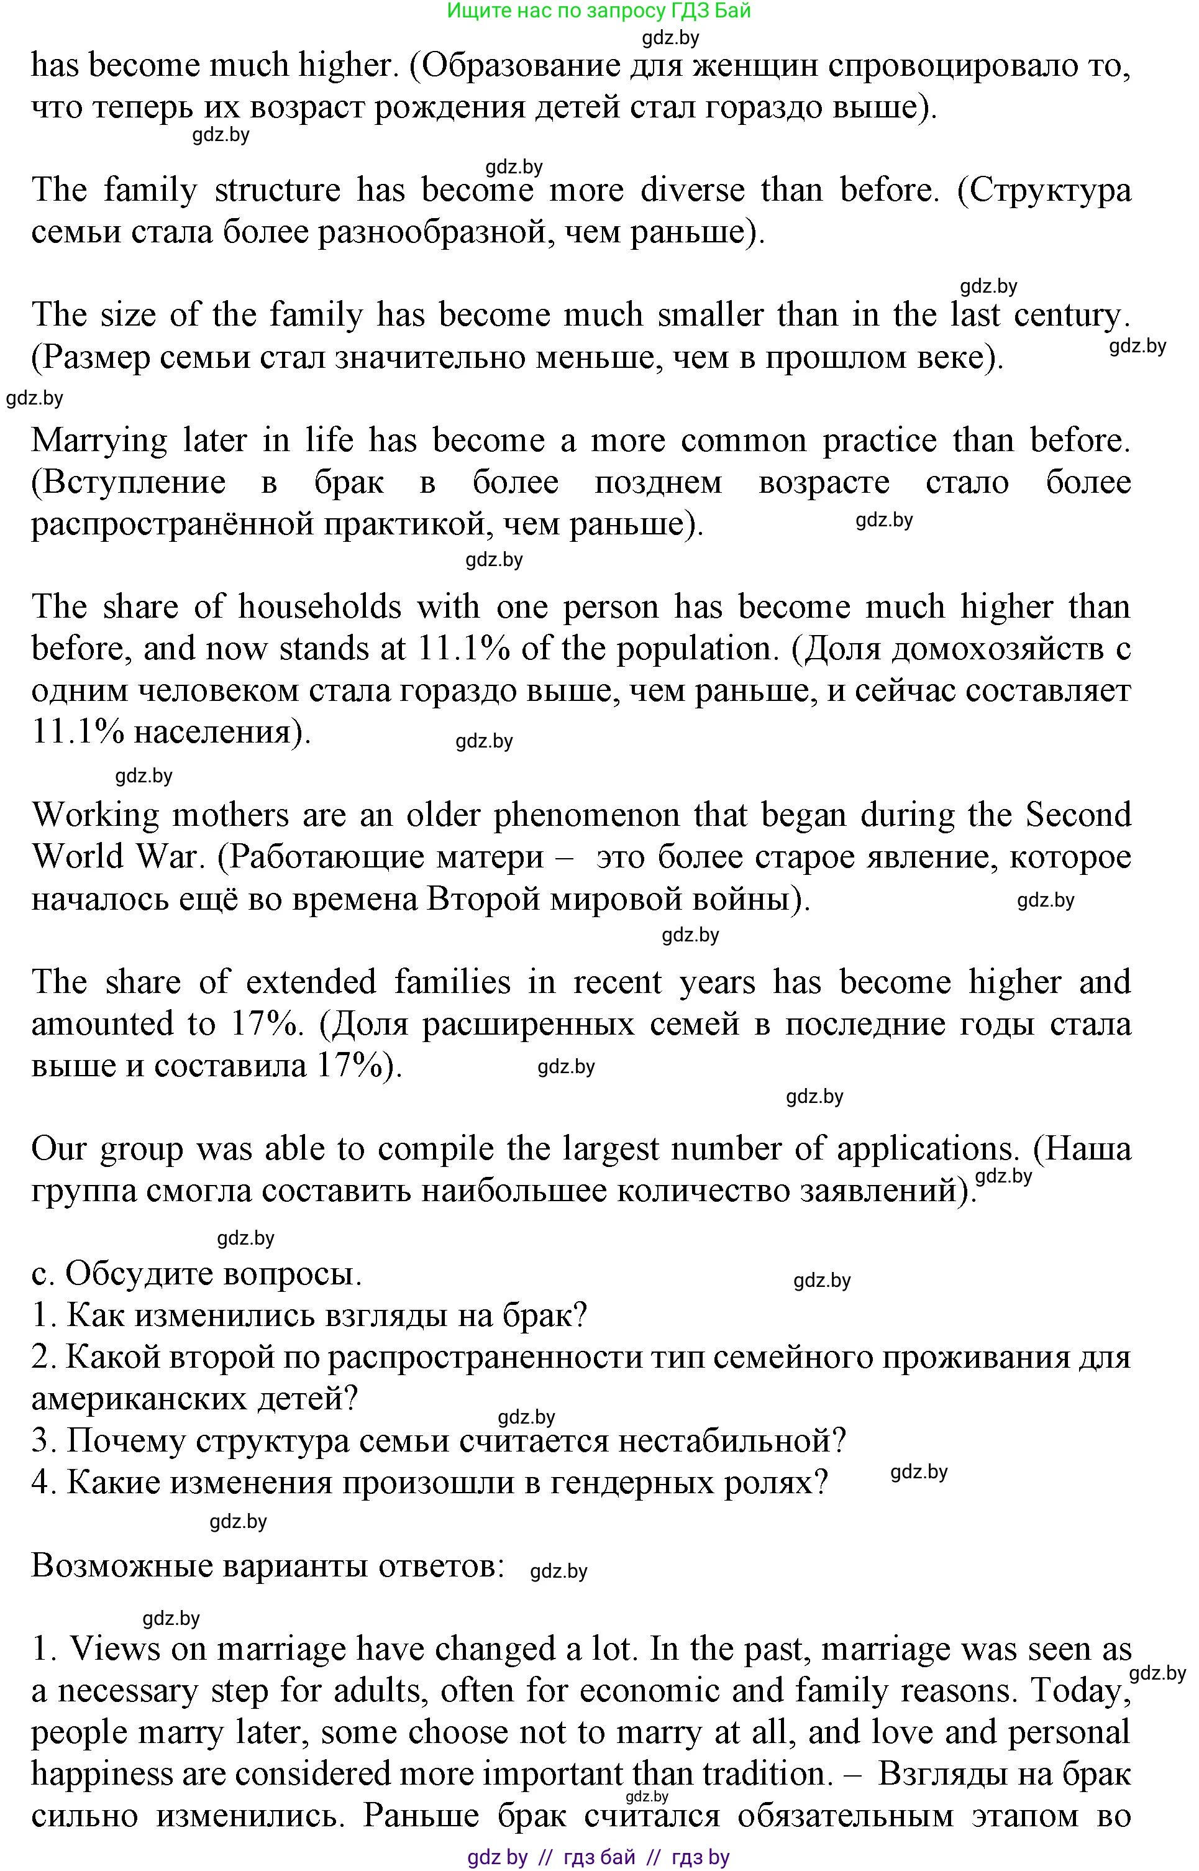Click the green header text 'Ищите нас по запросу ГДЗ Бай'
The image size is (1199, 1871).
(x=599, y=11)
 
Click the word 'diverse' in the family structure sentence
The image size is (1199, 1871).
(x=692, y=190)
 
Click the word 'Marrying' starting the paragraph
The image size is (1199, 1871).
(x=99, y=441)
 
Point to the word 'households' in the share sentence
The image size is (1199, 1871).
(x=319, y=606)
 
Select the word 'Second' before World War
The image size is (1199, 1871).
(x=1078, y=815)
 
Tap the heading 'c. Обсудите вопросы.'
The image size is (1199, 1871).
(x=197, y=1274)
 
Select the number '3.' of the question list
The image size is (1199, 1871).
(x=44, y=1440)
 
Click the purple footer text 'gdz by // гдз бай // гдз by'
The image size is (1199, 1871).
(x=599, y=1858)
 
